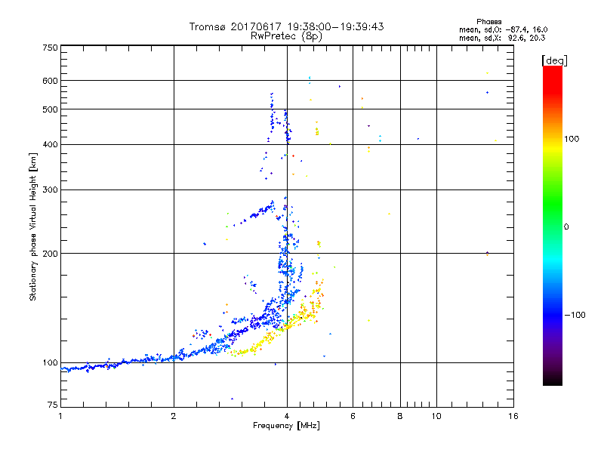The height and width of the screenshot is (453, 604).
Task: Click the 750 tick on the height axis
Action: (x=50, y=48)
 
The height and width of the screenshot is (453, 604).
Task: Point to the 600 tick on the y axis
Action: (x=50, y=81)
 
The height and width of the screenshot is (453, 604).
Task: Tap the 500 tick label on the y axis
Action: (x=50, y=109)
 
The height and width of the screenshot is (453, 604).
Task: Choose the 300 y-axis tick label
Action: (x=50, y=190)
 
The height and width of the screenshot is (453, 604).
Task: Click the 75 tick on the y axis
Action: (x=52, y=407)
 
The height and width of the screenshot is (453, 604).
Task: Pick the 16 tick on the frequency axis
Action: (x=513, y=416)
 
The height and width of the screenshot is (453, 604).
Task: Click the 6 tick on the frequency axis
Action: (x=353, y=416)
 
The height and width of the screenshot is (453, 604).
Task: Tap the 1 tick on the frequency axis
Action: (x=61, y=416)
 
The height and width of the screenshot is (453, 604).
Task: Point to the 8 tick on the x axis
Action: (x=400, y=416)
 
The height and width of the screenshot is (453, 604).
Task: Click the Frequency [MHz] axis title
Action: (x=286, y=427)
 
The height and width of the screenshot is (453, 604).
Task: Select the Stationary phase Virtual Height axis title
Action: (x=33, y=226)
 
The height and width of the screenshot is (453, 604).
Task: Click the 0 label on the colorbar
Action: (x=566, y=227)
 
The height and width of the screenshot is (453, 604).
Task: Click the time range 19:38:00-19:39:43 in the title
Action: (x=334, y=26)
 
